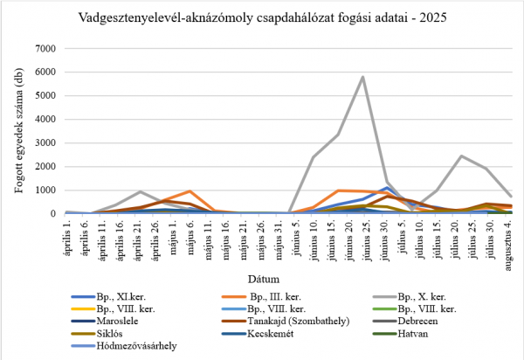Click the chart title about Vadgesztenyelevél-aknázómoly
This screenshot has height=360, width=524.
262,17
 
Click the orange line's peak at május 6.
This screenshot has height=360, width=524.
190,190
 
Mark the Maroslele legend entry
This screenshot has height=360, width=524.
120,321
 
